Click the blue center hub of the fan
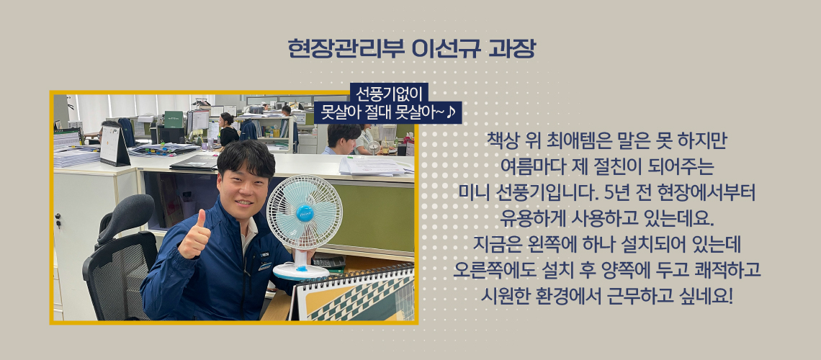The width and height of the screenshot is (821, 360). [304, 212]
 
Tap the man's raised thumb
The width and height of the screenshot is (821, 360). [200, 219]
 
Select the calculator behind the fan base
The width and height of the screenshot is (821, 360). [328, 262]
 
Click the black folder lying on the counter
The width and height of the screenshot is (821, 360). [194, 162]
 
